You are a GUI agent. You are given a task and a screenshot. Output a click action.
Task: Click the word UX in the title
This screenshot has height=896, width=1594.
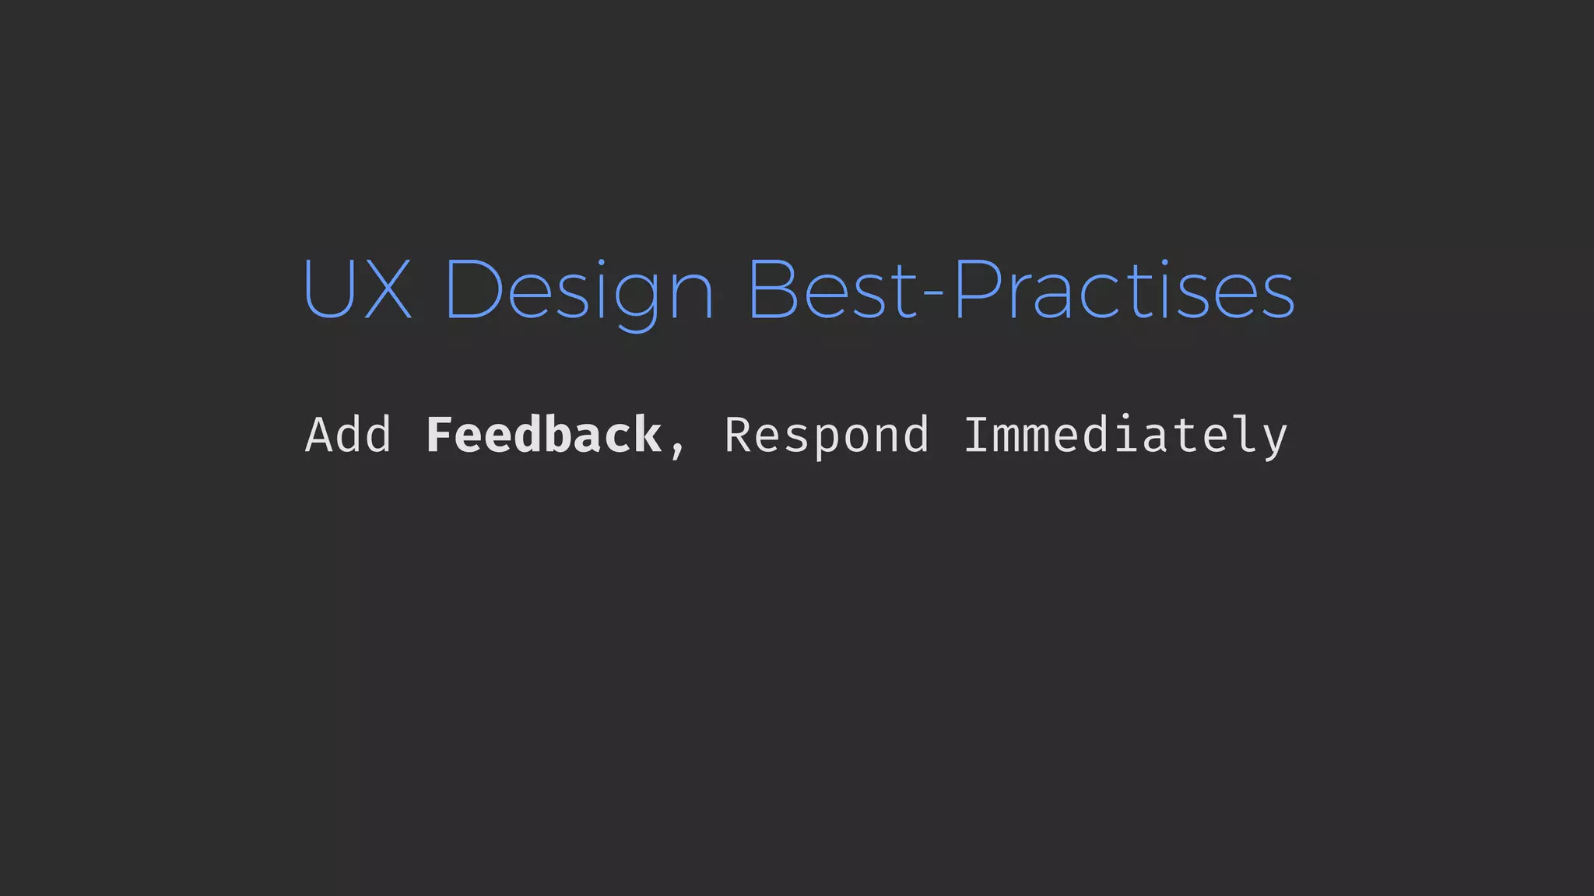point(356,289)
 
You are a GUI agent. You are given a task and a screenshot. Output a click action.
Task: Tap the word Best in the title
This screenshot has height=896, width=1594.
point(834,289)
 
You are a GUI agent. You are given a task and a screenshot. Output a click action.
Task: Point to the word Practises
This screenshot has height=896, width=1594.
point(1124,289)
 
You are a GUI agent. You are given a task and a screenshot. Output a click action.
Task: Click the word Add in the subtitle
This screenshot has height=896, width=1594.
point(348,435)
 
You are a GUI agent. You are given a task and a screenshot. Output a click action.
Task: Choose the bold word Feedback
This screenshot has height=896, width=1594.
point(543,435)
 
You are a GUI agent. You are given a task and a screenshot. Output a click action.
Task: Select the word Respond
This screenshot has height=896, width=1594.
point(827,436)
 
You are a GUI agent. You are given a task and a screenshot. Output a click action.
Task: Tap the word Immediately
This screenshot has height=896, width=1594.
point(1125,436)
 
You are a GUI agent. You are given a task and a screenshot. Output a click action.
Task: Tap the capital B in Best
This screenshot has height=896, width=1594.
point(774,289)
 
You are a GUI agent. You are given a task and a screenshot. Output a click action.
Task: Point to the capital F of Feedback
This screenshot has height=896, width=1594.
point(441,435)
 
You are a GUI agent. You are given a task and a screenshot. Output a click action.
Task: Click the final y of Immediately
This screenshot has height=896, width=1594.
point(1274,440)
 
